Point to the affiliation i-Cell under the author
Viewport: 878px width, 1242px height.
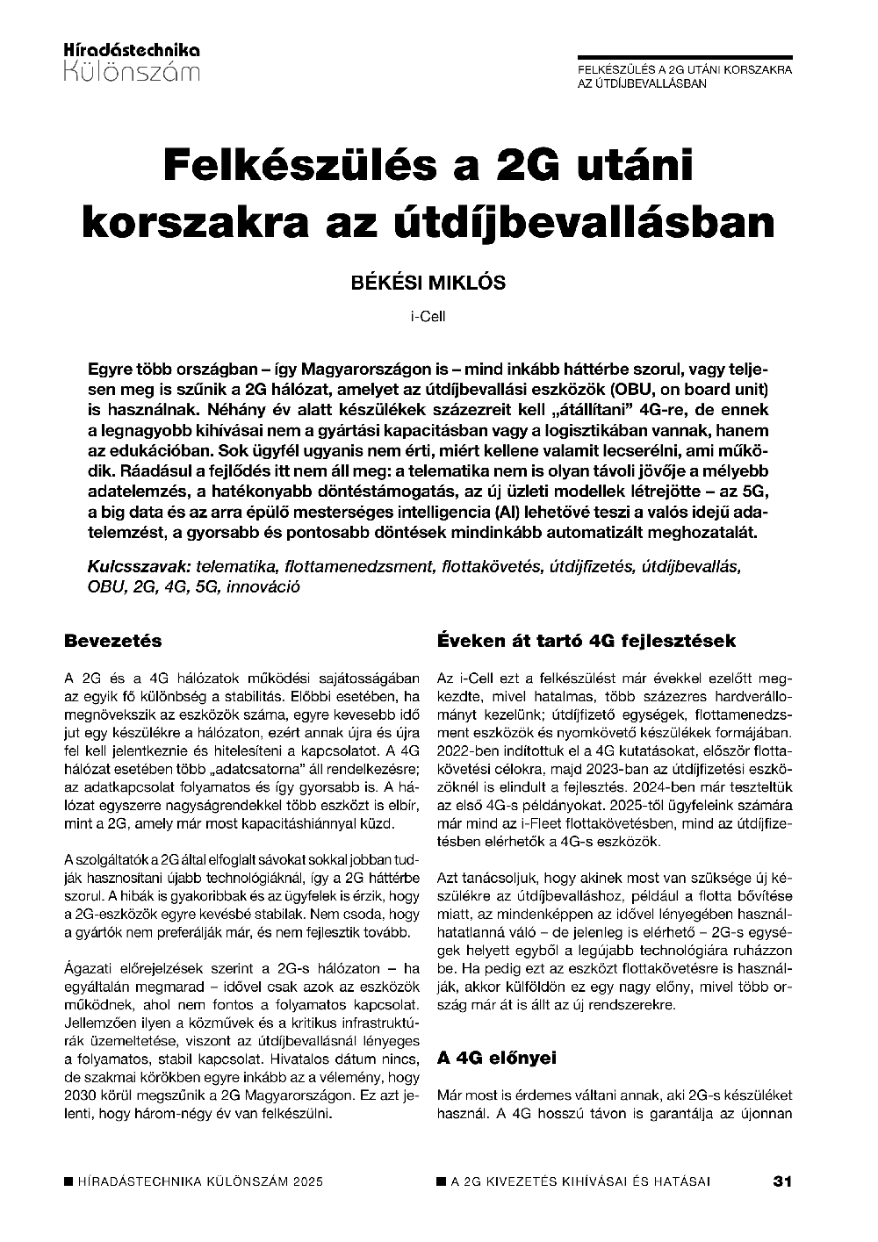click(428, 316)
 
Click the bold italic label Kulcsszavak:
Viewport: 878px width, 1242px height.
click(140, 566)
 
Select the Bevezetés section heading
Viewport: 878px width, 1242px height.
click(113, 641)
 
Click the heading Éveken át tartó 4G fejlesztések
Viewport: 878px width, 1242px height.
click(586, 641)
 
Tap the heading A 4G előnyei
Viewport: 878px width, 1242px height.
click(497, 1058)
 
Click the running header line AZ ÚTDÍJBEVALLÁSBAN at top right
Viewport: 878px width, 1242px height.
click(642, 83)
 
